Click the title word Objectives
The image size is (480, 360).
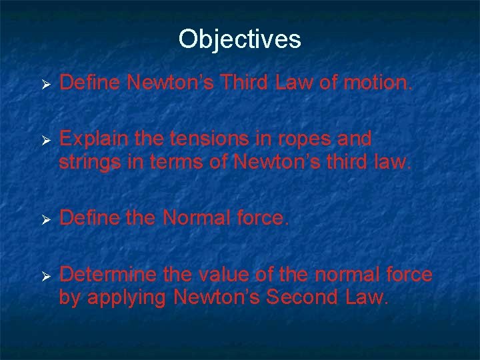click(240, 39)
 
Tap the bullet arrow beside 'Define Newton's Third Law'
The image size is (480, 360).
click(46, 85)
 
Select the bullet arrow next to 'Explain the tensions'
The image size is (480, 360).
click(46, 141)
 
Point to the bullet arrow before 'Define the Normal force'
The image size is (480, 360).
click(46, 219)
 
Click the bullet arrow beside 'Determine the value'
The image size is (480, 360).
click(46, 275)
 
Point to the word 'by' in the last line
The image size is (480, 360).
click(69, 298)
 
